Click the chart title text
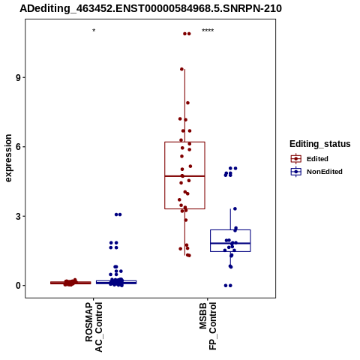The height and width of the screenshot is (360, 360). pos(151,8)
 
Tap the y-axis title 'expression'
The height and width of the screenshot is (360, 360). pos(8,158)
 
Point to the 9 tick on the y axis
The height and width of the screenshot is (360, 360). pos(18,77)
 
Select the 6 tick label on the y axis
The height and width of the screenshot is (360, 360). pos(18,147)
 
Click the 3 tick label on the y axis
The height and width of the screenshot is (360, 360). pos(18,216)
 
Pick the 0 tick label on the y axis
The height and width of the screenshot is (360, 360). pos(18,286)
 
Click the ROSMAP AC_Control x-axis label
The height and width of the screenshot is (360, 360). pos(94,327)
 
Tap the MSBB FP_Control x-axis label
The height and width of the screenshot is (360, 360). pos(208,326)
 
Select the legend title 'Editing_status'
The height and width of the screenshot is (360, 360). pos(320,144)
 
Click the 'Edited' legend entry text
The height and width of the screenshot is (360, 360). pos(317,159)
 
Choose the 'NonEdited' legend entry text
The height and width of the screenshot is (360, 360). pos(325,172)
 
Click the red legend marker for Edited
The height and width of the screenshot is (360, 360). pos(296,159)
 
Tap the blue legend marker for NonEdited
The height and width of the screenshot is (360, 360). pos(296,172)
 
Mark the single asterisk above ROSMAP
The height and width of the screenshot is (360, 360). pos(94,31)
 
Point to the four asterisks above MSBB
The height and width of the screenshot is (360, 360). pos(208,31)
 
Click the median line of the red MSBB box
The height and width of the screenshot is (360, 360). pos(184,176)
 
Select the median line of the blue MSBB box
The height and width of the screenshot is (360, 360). pos(230,243)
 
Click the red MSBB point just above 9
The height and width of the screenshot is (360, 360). pos(181,69)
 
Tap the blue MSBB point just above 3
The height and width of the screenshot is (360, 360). pos(235,208)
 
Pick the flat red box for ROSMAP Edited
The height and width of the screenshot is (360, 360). pos(70,283)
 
